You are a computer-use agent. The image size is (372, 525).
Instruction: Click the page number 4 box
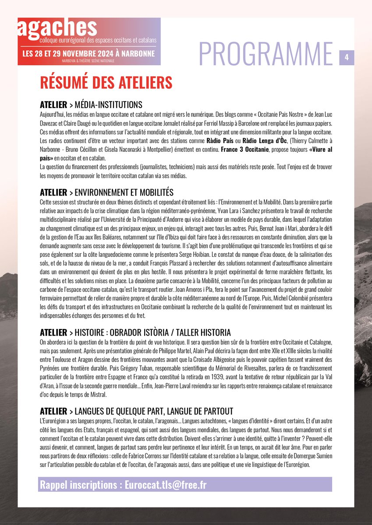(x=347, y=57)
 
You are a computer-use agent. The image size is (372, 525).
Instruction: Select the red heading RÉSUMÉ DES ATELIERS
(x=106, y=82)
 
